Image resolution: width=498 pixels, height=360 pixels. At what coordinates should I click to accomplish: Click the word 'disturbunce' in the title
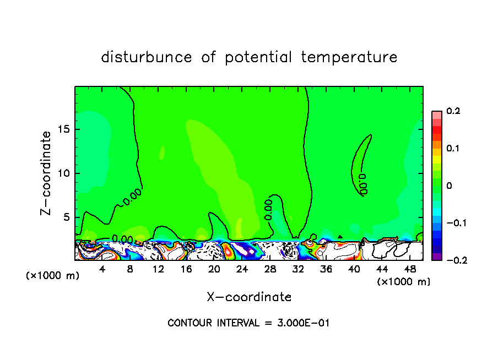(x=147, y=57)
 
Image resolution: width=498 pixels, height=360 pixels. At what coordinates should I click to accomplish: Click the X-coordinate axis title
(x=249, y=297)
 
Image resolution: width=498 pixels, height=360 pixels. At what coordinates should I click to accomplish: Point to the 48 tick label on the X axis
(x=409, y=269)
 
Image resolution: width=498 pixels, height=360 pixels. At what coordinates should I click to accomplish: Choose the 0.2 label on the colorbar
(x=453, y=111)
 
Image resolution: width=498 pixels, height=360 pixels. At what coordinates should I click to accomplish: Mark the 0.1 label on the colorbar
(x=453, y=149)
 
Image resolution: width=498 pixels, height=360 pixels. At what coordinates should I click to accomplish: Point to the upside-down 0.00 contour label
(x=362, y=184)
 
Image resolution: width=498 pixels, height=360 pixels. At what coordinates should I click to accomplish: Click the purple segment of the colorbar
(x=437, y=257)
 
